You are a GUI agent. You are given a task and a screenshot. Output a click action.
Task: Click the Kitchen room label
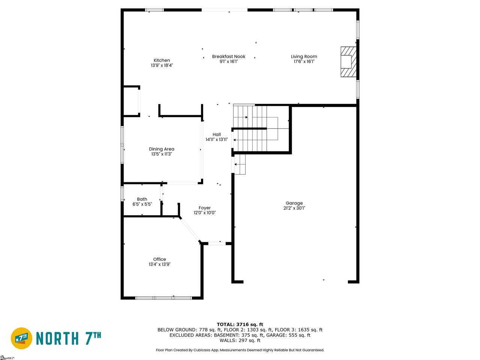[x=162, y=60]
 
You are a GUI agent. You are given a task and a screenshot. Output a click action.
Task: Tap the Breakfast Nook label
[x=228, y=56]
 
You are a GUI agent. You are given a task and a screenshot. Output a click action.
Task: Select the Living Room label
[x=304, y=56]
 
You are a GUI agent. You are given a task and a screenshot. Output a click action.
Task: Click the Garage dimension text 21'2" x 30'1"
[x=294, y=208]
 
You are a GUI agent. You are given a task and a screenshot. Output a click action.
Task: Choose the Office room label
[x=159, y=259]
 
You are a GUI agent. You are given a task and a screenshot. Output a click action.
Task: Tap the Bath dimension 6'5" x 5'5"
[x=142, y=204]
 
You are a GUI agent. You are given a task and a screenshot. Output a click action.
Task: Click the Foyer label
[x=204, y=208]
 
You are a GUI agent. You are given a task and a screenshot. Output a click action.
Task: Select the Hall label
[x=216, y=134]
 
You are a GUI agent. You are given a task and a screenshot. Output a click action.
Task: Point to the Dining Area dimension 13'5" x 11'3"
[x=162, y=154]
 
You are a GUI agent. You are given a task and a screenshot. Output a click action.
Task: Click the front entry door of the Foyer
[x=217, y=243]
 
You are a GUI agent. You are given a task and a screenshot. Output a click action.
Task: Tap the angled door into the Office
[x=189, y=230]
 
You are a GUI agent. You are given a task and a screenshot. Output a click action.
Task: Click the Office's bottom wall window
[x=163, y=298]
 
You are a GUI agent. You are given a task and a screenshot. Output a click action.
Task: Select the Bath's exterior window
[x=122, y=193]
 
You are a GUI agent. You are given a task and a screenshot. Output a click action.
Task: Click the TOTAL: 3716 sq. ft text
[x=240, y=324]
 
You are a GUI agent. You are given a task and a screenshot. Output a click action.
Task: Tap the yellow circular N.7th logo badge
[x=21, y=338]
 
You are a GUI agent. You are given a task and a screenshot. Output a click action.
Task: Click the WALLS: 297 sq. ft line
[x=240, y=340]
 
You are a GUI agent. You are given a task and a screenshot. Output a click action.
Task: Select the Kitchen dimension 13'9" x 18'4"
[x=162, y=65]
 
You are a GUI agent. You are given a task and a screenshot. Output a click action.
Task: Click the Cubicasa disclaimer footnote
[x=240, y=350]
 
